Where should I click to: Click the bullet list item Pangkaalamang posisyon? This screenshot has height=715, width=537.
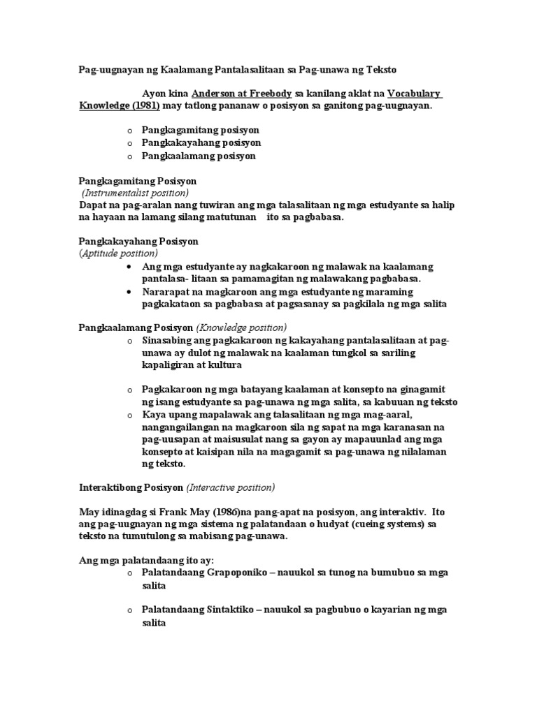click(x=199, y=156)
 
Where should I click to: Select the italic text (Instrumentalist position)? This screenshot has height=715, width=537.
click(x=135, y=193)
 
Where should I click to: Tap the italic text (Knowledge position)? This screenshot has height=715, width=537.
click(x=241, y=327)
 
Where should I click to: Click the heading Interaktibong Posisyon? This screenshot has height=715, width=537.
click(x=130, y=487)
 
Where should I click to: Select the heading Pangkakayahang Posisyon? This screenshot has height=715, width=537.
click(x=138, y=241)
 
